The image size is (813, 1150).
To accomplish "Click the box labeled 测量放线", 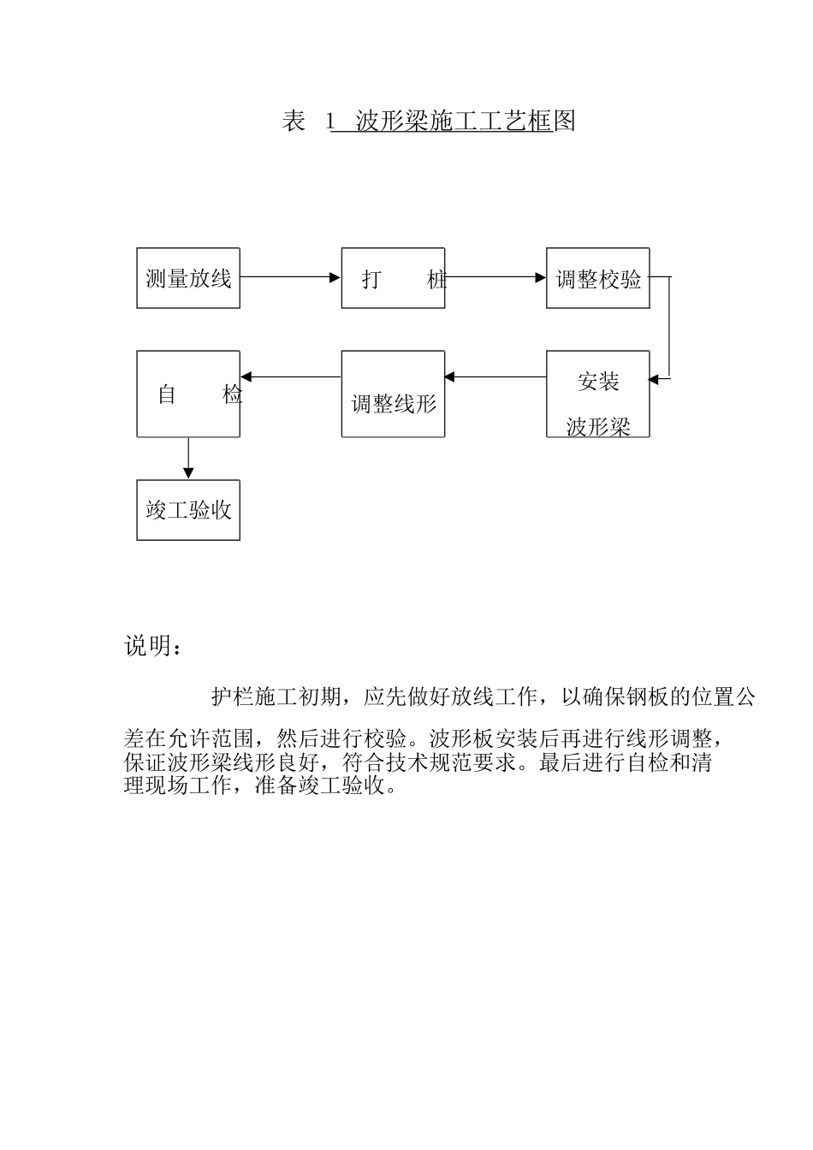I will pyautogui.click(x=188, y=278).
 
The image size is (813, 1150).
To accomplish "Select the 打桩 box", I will pyautogui.click(x=393, y=278).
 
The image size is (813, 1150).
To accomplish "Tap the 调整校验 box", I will pyautogui.click(x=598, y=278).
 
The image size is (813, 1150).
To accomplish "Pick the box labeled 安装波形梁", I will pyautogui.click(x=598, y=394).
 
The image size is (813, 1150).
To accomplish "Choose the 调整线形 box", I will pyautogui.click(x=393, y=394).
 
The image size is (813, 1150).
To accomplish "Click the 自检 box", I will pyautogui.click(x=188, y=394).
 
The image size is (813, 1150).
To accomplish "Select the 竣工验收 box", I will pyautogui.click(x=188, y=510).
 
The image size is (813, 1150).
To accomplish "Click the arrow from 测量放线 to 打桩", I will pyautogui.click(x=290, y=277).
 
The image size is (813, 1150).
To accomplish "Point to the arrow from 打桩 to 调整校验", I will pyautogui.click(x=496, y=277).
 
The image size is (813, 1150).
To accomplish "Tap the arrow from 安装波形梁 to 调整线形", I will pyautogui.click(x=496, y=376).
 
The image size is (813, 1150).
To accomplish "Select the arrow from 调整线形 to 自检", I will pyautogui.click(x=290, y=376).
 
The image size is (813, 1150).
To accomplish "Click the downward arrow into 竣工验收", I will pyautogui.click(x=188, y=459).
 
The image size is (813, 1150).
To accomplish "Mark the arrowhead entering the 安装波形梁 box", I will pyautogui.click(x=656, y=377).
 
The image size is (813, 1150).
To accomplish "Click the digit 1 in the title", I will pyautogui.click(x=329, y=122).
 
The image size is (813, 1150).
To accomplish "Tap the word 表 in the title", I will pyautogui.click(x=294, y=122).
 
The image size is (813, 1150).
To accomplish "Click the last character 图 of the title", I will pyautogui.click(x=565, y=122).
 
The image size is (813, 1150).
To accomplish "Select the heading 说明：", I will pyautogui.click(x=153, y=646).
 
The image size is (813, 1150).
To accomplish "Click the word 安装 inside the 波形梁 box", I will pyautogui.click(x=598, y=382).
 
